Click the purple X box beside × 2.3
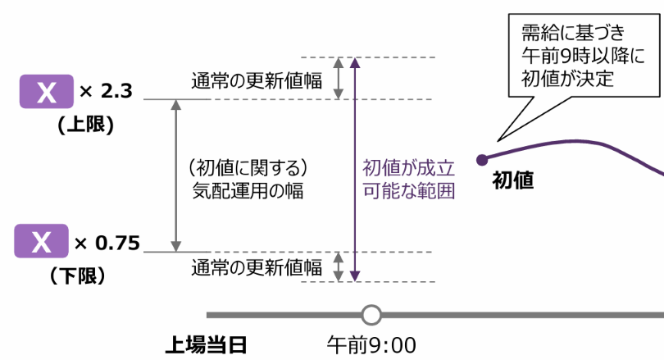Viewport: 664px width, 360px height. (x=47, y=91)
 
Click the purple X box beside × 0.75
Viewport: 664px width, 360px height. (x=43, y=243)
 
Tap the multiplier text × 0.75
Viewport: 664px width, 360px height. (x=107, y=243)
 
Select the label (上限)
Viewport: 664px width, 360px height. (x=84, y=125)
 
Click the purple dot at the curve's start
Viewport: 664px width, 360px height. (x=482, y=159)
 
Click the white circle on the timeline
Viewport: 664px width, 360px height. (x=371, y=314)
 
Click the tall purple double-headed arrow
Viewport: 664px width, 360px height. (x=354, y=169)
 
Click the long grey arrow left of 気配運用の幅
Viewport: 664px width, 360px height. (x=175, y=175)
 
